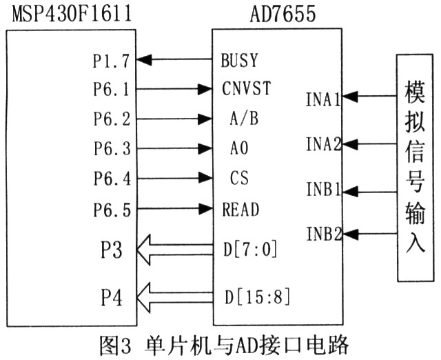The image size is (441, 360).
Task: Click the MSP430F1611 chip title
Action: [72, 14]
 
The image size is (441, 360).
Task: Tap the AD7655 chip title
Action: [283, 14]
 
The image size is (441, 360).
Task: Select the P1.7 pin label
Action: [112, 61]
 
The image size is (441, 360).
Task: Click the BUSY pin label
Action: [239, 60]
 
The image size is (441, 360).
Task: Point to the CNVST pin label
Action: [247, 88]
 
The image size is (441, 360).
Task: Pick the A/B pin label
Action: [244, 118]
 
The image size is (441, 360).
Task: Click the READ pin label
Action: [240, 210]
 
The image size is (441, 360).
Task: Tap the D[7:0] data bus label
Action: [250, 249]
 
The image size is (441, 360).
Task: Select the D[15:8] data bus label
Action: [257, 297]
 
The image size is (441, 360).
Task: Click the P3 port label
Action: [112, 250]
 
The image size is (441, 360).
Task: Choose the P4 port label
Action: [112, 298]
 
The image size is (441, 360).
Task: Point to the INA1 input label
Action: [323, 99]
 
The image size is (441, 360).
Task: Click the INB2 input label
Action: [324, 234]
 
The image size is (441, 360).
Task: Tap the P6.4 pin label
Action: [112, 179]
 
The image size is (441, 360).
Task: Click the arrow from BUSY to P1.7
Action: [174, 59]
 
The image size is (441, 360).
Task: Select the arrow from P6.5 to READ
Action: [174, 208]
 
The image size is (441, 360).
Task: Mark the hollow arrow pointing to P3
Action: [174, 250]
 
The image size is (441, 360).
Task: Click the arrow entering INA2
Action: [369, 144]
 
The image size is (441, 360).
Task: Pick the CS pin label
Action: [239, 178]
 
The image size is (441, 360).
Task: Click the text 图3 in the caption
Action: [115, 345]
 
